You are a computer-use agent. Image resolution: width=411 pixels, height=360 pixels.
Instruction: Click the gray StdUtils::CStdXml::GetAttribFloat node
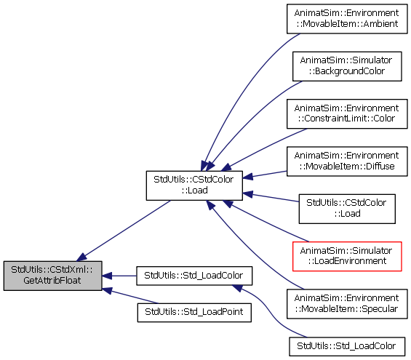click(52, 276)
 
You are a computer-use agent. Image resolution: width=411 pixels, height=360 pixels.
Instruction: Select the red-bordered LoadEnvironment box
click(347, 256)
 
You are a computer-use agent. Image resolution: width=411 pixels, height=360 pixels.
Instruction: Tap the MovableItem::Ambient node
click(347, 19)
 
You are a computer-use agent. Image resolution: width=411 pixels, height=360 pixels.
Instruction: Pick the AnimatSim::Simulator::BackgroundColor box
click(347, 66)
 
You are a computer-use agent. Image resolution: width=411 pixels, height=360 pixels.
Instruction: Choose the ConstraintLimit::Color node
click(347, 113)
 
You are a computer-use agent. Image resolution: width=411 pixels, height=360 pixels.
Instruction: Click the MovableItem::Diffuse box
click(347, 161)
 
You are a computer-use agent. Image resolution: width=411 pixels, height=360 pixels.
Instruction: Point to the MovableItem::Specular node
click(347, 304)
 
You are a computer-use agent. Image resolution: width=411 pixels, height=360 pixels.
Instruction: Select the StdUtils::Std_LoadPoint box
click(194, 313)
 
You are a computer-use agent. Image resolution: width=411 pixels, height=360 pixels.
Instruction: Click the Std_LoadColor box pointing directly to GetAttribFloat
click(194, 276)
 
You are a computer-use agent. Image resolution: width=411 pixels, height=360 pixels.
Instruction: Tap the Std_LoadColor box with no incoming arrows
click(347, 347)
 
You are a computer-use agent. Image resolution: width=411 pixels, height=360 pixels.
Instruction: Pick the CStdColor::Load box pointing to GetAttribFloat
click(194, 185)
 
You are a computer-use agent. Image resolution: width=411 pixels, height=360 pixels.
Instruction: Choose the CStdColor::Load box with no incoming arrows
click(347, 209)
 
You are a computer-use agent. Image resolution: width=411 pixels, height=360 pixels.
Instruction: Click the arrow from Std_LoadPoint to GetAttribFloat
click(130, 296)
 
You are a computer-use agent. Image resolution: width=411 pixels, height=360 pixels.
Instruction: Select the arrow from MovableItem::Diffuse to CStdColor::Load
click(265, 175)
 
